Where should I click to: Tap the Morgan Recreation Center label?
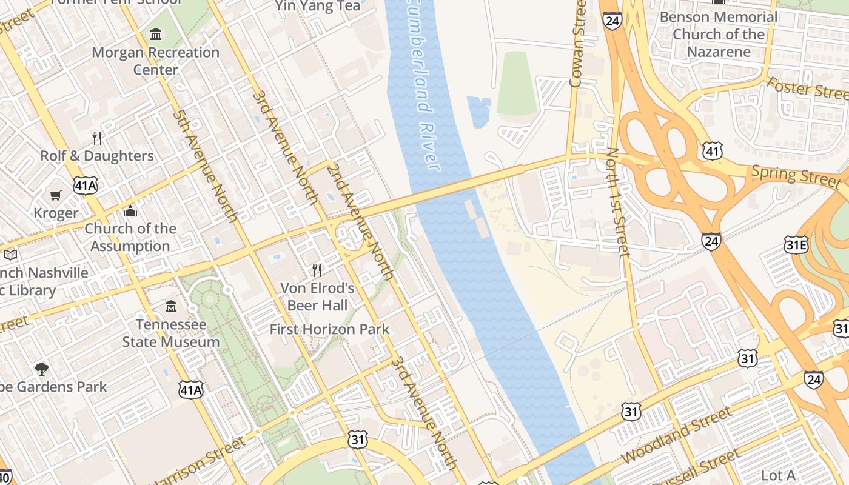(x=155, y=61)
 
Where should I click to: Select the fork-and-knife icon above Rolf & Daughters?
(x=97, y=138)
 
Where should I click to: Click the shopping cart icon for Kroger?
(x=56, y=195)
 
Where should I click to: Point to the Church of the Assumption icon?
(x=130, y=211)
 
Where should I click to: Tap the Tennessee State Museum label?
(x=171, y=333)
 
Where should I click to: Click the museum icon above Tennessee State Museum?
(x=171, y=306)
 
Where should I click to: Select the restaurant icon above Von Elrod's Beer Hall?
(x=317, y=270)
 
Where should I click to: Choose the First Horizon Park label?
(x=329, y=329)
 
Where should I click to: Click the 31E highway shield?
(x=796, y=244)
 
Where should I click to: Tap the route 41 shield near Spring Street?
(x=713, y=151)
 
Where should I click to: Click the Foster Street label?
(x=807, y=89)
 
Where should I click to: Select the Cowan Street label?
(x=577, y=44)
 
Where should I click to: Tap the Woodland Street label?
(x=677, y=436)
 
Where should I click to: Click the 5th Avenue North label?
(x=204, y=165)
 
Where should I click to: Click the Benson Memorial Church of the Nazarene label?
(x=718, y=34)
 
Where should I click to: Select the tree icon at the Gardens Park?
(x=41, y=369)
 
